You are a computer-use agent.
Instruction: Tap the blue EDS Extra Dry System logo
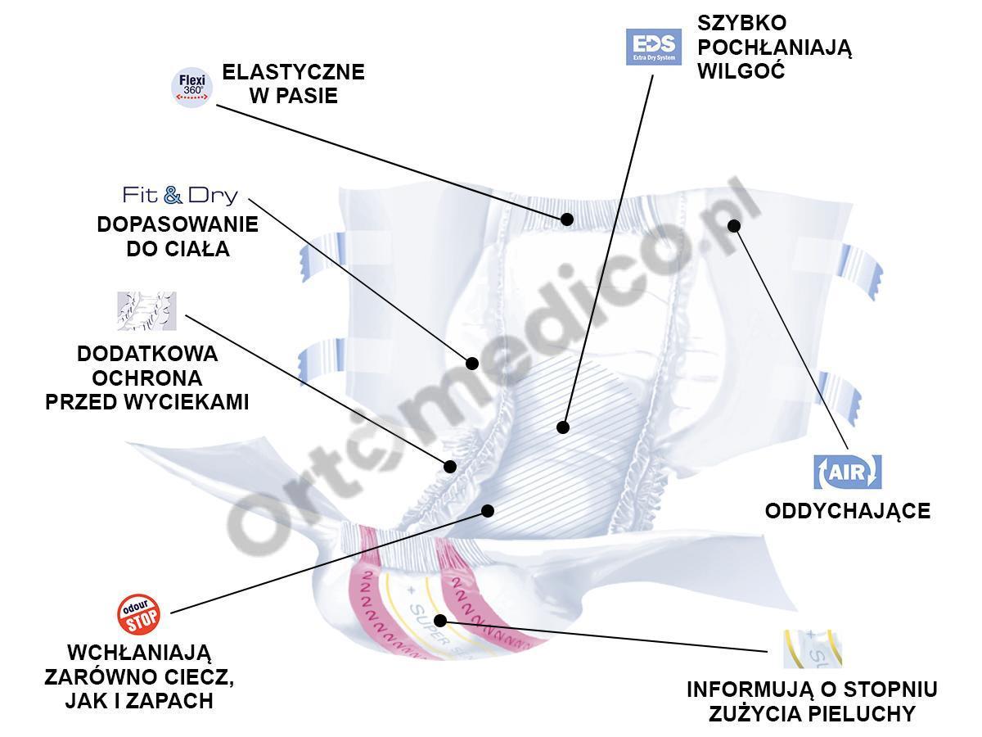point(653,47)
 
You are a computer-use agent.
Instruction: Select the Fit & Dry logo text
point(180,195)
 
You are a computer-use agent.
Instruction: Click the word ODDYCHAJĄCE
point(847,511)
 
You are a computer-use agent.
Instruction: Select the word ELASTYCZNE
point(294,72)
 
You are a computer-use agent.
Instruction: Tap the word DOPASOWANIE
point(178,224)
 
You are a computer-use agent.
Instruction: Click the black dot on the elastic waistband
point(566,219)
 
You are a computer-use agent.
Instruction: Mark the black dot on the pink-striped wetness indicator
point(440,620)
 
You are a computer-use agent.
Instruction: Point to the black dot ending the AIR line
point(734,225)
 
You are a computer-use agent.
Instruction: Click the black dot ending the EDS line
point(562,427)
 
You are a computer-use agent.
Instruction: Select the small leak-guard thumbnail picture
point(146,311)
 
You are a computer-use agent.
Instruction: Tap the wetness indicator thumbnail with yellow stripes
point(812,649)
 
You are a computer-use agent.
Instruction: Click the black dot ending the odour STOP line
point(488,510)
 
